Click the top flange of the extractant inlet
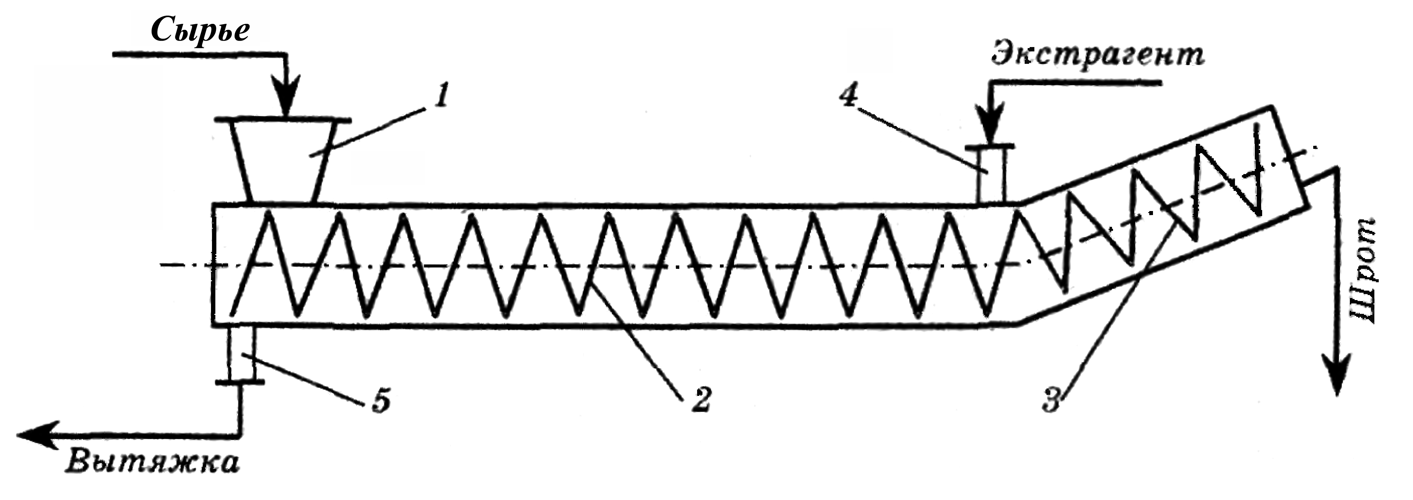[x=990, y=147]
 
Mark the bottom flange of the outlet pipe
[x=240, y=381]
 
